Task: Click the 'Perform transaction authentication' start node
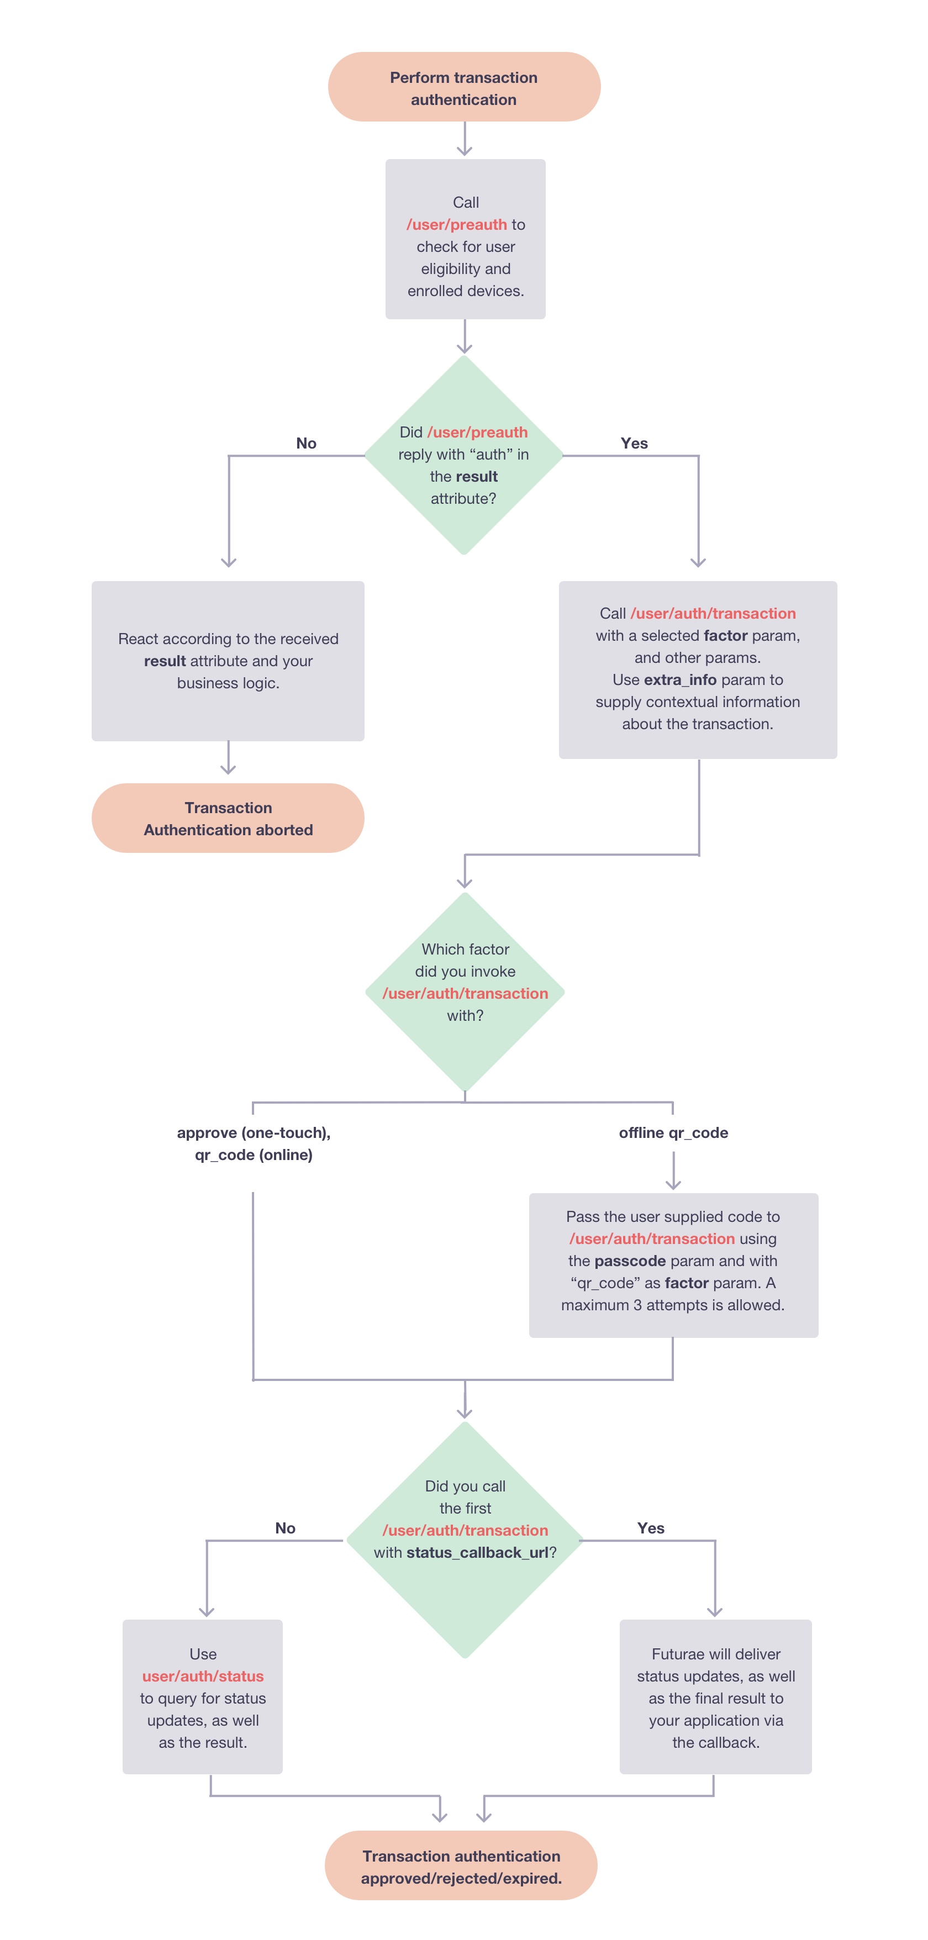click(464, 87)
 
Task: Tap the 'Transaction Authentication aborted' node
click(228, 818)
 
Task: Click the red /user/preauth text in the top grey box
click(456, 224)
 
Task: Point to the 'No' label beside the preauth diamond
click(306, 443)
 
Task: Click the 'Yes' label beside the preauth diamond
click(634, 443)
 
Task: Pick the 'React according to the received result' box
click(228, 661)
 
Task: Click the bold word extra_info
click(679, 679)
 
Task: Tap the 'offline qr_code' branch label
click(673, 1132)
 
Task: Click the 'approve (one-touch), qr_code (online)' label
click(254, 1143)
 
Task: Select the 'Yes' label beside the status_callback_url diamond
click(650, 1528)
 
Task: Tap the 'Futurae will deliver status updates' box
click(715, 1697)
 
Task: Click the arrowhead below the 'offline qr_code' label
click(673, 1184)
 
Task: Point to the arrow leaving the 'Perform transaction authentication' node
click(465, 140)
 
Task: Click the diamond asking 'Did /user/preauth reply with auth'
click(464, 456)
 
